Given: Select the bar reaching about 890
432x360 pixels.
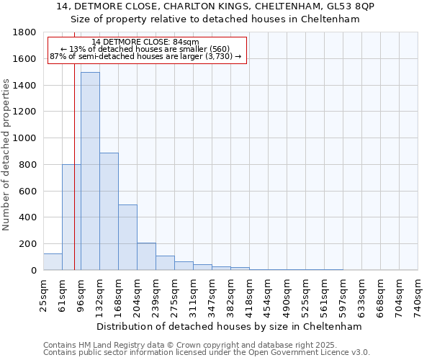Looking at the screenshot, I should coord(109,212).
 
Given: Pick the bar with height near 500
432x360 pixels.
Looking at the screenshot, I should coord(127,238).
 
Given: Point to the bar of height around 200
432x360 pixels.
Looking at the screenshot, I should coord(146,256).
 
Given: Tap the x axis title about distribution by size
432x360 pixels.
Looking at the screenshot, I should coord(229,327).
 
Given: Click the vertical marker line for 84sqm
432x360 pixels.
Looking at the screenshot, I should coord(74,180).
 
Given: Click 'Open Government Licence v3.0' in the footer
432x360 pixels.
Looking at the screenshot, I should coord(316,353).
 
